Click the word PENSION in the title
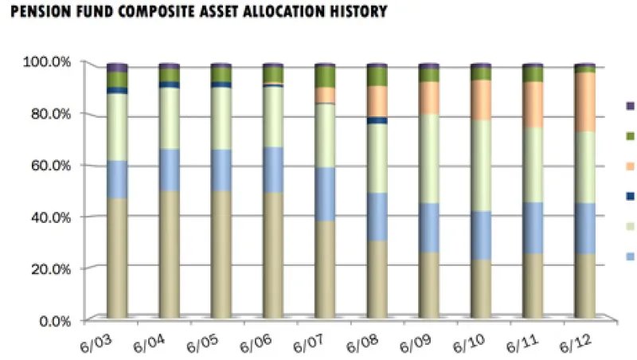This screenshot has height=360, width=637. click(35, 11)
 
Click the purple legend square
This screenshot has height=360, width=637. click(630, 105)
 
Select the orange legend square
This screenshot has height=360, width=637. click(630, 166)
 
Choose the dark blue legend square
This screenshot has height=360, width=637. click(630, 196)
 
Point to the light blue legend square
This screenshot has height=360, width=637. click(630, 256)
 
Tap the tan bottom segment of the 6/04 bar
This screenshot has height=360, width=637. click(169, 255)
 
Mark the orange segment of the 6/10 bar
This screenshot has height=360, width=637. click(481, 100)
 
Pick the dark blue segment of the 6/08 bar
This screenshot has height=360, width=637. click(377, 121)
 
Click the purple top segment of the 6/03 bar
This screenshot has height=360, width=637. click(117, 68)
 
